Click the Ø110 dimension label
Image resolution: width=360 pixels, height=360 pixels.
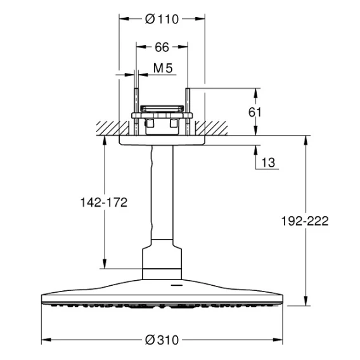pos(162,19)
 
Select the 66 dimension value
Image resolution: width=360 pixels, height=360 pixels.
pos(162,47)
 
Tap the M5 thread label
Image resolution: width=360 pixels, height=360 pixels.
pos(163,68)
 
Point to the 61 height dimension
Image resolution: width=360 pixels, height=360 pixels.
pos(255,112)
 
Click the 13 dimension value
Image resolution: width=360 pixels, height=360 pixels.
pos(268,162)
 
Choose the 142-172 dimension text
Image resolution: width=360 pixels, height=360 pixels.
pos(104,203)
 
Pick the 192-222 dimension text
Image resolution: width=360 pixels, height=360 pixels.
pos(305,221)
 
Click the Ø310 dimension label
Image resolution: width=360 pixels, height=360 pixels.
pos(162,340)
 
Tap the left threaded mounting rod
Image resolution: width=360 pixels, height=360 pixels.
pos(136,112)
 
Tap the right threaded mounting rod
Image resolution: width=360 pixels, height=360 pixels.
pos(188,112)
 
